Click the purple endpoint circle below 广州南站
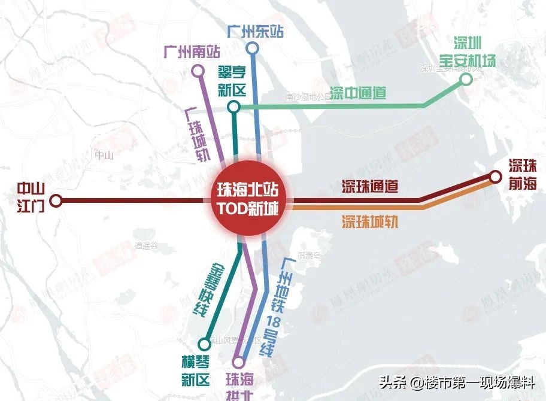[198, 72]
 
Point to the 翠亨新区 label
[233, 82]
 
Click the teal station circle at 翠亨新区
[234, 107]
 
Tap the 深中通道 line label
[358, 93]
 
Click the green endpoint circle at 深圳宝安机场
[466, 84]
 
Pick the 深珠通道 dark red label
[370, 186]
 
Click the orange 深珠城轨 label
[370, 222]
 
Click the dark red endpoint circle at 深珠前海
[495, 177]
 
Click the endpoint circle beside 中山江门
[56, 200]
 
